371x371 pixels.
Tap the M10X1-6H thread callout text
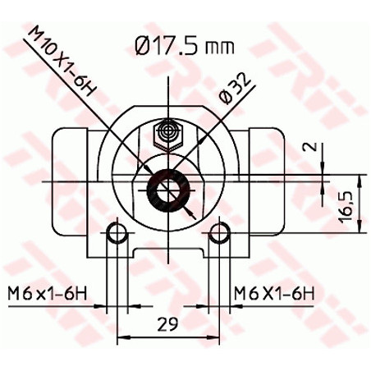(x=60, y=62)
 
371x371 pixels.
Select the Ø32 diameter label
(x=236, y=88)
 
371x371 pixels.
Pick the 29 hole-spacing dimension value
(x=167, y=324)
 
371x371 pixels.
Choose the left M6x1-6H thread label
(x=48, y=293)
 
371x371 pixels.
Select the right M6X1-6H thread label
(x=274, y=293)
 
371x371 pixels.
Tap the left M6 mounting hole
(x=117, y=233)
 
